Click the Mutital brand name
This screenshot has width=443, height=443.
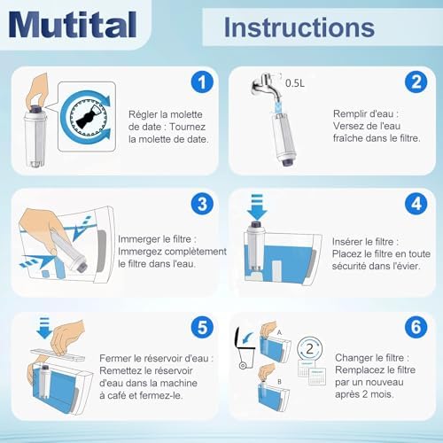click(x=73, y=24)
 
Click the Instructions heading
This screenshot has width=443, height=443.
click(x=299, y=27)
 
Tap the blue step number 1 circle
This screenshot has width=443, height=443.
click(x=202, y=82)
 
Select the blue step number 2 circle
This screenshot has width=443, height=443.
click(x=416, y=82)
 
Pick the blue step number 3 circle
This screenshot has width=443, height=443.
click(x=202, y=204)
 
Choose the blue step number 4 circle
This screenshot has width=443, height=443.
click(x=416, y=204)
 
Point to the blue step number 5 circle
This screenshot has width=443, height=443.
click(x=202, y=327)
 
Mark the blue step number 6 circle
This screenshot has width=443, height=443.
click(x=416, y=327)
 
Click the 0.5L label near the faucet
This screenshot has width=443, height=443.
click(x=295, y=83)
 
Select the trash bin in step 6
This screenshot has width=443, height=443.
click(x=245, y=348)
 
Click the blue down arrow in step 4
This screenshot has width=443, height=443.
click(x=257, y=207)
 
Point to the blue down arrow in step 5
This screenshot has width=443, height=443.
click(x=44, y=328)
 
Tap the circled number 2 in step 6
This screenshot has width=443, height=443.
click(x=309, y=349)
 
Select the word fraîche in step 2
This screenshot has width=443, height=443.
click(x=348, y=138)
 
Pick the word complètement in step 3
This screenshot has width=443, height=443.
click(x=197, y=252)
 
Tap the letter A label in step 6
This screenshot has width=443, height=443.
click(x=279, y=333)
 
